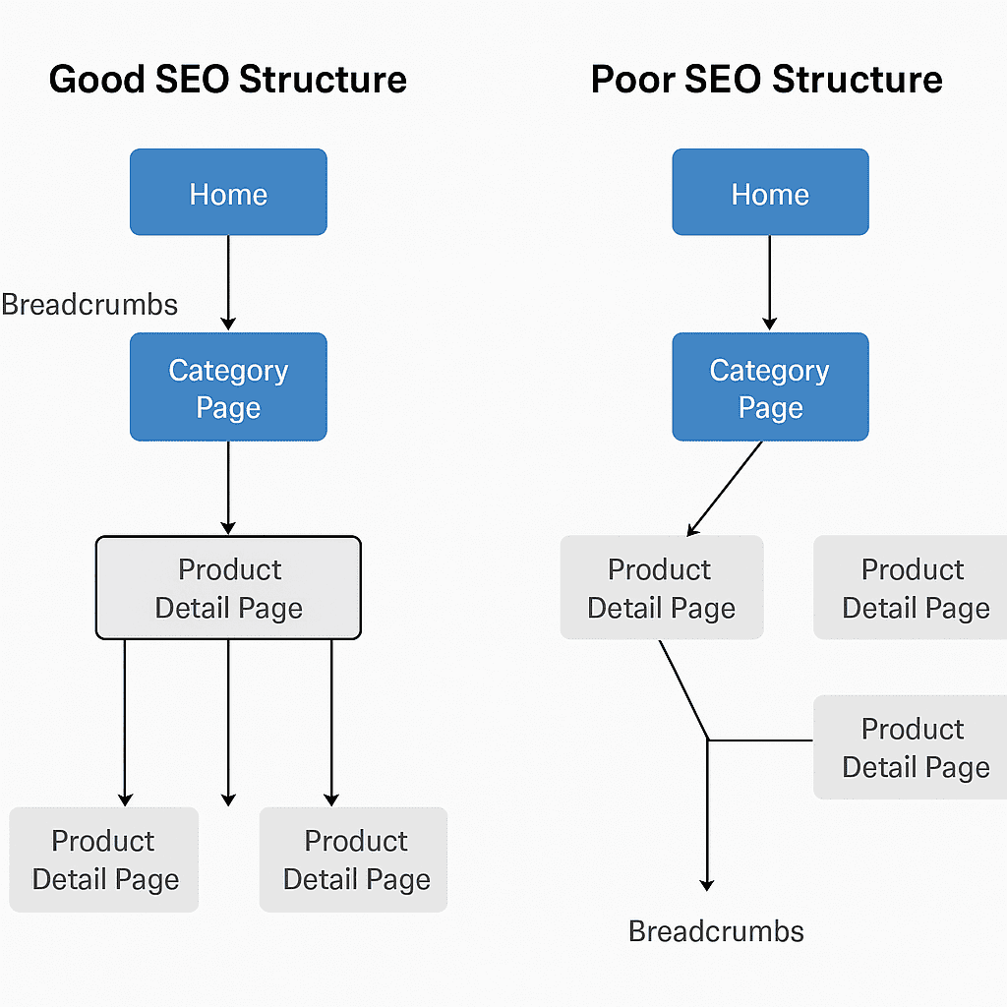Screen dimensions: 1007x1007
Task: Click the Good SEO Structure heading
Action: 228,80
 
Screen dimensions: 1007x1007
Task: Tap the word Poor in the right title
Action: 632,80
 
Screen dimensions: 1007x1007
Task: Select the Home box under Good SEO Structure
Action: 228,192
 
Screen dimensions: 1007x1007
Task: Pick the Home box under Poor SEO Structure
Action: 770,192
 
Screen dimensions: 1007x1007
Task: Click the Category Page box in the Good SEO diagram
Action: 228,386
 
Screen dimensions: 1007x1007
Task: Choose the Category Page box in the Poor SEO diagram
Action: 770,386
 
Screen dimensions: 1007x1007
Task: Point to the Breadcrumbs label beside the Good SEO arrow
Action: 89,305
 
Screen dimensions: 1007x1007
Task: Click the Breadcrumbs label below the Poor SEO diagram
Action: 716,931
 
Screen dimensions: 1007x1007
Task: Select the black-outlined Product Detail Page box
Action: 228,588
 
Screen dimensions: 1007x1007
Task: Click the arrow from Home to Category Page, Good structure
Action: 228,283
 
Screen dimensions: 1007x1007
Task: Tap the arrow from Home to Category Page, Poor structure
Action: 769,283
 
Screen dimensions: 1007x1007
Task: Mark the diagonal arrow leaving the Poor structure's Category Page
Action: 725,488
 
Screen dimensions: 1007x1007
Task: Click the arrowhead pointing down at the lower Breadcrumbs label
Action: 707,885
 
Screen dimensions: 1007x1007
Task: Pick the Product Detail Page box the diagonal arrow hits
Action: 662,588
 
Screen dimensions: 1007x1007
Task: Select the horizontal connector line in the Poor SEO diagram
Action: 760,740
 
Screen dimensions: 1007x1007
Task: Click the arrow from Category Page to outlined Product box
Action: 228,488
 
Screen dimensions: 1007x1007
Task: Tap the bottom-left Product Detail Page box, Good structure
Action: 104,859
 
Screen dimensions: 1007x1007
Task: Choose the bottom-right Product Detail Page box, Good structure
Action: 353,859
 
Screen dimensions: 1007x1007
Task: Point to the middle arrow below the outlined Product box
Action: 228,723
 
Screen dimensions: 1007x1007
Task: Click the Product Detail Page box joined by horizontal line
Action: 910,747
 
